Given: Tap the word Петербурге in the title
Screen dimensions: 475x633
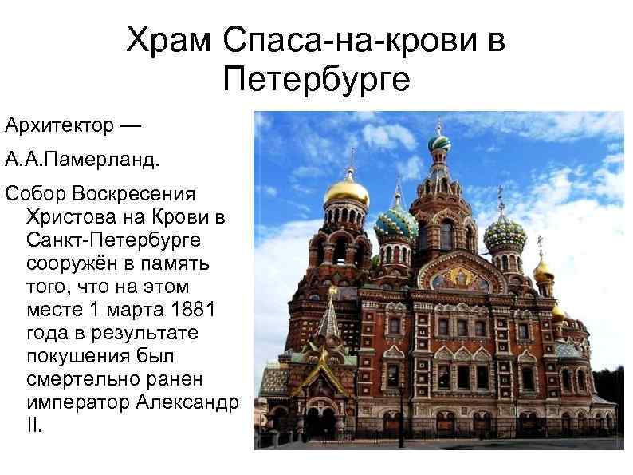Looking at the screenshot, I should (x=316, y=78).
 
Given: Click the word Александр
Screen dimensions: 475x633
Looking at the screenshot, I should (x=188, y=402).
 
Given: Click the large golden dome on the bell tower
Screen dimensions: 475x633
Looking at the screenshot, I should (x=348, y=192).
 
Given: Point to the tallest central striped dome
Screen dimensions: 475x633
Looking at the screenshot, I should (x=438, y=143).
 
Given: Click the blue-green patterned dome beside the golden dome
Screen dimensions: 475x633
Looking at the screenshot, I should (x=396, y=224).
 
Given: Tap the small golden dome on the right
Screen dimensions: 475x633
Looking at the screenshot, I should (x=543, y=269).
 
